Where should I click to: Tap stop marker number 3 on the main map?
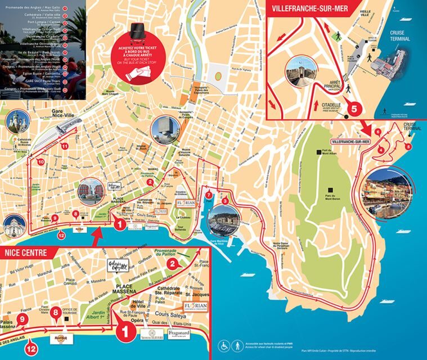[x=225, y=201]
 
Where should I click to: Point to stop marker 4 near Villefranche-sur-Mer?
[x=381, y=150]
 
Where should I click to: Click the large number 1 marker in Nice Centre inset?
[x=125, y=332]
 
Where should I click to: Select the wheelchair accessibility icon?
[x=223, y=344]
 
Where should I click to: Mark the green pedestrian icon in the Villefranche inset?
[x=339, y=37]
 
